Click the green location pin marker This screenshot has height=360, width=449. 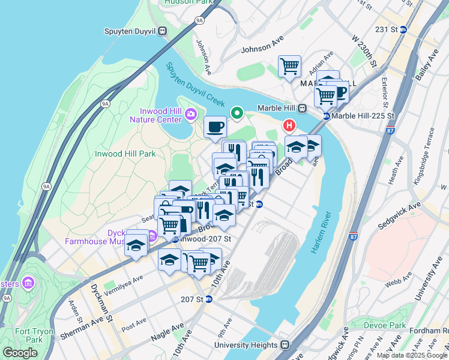pyautogui.click(x=237, y=112)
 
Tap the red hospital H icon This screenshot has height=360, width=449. pyautogui.click(x=289, y=125)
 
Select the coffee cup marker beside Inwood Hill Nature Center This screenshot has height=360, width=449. pyautogui.click(x=215, y=127)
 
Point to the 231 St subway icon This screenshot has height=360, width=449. pyautogui.click(x=403, y=29)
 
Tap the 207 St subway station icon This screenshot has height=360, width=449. pyautogui.click(x=209, y=299)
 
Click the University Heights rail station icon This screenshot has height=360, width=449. pyautogui.click(x=285, y=345)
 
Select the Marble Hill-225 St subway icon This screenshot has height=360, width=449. pyautogui.click(x=326, y=116)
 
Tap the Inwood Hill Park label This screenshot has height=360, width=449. pyautogui.click(x=125, y=154)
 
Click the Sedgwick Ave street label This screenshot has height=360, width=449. pyautogui.click(x=398, y=215)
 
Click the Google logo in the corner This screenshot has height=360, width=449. pyautogui.click(x=20, y=353)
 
